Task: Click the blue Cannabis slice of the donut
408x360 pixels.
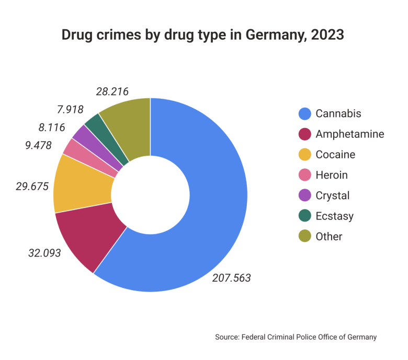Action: (x=209, y=219)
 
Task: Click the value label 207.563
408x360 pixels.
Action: (x=231, y=278)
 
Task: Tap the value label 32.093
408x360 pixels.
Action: (x=44, y=253)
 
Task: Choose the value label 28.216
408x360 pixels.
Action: (x=112, y=91)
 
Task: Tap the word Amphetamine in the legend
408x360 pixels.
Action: (x=350, y=134)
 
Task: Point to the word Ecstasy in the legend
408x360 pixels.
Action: (x=335, y=216)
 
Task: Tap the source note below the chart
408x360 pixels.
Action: (x=296, y=337)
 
